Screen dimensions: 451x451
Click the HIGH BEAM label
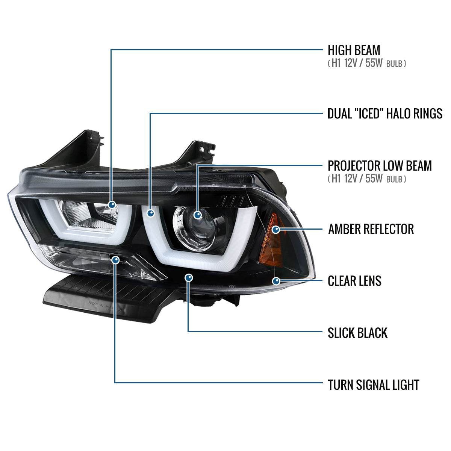354,50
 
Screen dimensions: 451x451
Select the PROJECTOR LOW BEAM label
380,166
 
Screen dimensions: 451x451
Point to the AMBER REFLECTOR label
371,229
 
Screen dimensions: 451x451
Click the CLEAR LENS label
354,281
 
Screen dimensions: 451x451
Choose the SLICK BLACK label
357,333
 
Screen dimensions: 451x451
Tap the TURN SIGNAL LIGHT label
373,385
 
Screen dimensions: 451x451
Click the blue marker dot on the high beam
112,205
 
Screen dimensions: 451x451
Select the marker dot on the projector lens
198,215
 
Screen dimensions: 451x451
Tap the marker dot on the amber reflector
276,229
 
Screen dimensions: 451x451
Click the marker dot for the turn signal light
116,260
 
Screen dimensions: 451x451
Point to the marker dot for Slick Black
189,278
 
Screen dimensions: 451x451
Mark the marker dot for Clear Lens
277,281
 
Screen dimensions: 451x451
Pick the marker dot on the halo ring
151,213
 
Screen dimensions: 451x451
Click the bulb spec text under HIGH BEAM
367,64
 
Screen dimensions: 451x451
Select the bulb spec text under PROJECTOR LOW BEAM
367,179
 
